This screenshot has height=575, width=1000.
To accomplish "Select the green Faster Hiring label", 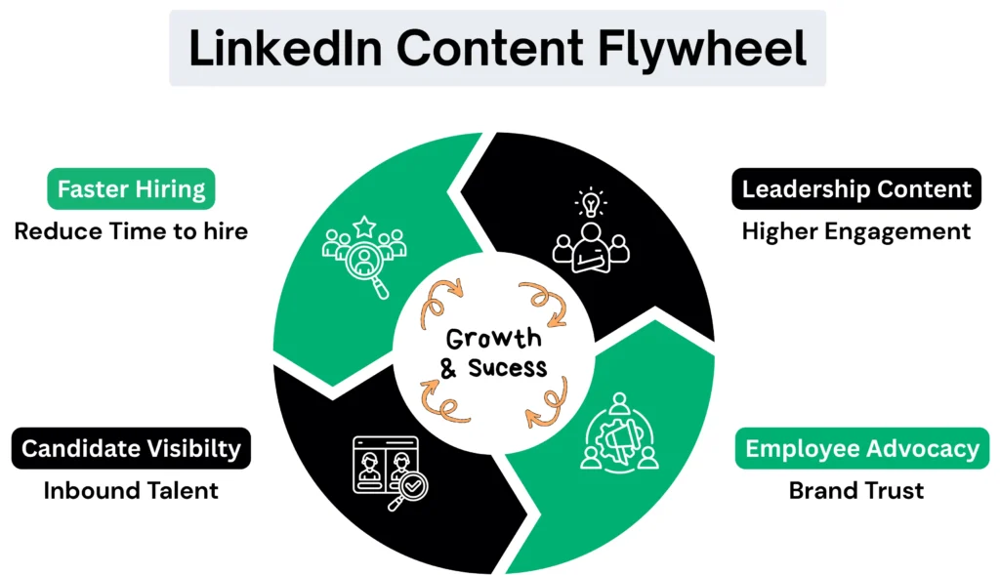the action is pyautogui.click(x=131, y=188).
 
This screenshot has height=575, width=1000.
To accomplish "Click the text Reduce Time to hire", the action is pyautogui.click(x=131, y=231).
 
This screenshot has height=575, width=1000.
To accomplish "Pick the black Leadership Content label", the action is pyautogui.click(x=856, y=188).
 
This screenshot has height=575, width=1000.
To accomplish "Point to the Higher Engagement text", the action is pyautogui.click(x=856, y=231).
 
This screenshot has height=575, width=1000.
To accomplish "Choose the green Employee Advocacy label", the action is pyautogui.click(x=861, y=448).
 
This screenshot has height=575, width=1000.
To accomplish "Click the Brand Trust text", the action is pyautogui.click(x=856, y=490).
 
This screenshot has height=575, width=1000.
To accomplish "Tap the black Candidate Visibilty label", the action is pyautogui.click(x=131, y=448).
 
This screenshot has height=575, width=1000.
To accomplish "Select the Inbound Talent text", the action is pyautogui.click(x=131, y=490).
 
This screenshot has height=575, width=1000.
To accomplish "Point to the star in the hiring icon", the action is pyautogui.click(x=364, y=227).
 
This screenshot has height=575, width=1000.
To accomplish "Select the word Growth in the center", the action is pyautogui.click(x=493, y=340).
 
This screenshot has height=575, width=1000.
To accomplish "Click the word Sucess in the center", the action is pyautogui.click(x=508, y=369).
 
